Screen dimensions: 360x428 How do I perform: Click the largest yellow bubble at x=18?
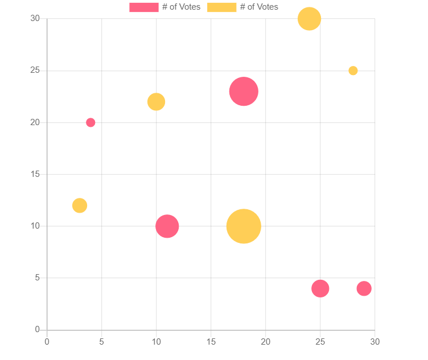244,226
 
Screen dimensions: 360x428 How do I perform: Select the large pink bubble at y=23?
244,91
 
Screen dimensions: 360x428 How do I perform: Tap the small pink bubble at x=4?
90,122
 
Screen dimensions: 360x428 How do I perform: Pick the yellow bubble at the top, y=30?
309,19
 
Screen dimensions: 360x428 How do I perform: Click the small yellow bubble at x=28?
353,71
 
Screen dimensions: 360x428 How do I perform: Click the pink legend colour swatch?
143,7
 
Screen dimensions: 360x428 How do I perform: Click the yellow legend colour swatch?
221,7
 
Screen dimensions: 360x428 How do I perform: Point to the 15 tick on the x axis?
211,341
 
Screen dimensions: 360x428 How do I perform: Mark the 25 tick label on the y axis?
35,71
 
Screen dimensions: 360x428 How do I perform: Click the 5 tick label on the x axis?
101,341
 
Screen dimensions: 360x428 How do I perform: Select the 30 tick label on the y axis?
35,19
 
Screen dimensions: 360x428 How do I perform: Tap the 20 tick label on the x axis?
265,341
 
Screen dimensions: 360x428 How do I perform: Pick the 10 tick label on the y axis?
35,226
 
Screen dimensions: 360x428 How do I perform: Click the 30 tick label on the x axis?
374,341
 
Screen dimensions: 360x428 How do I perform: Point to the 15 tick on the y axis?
35,174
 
